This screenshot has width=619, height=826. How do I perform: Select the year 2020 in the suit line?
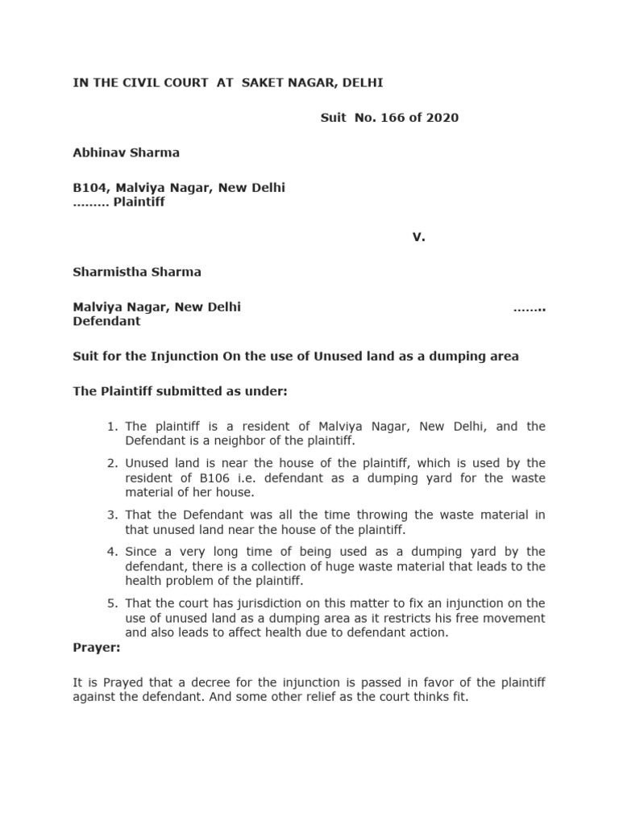(x=443, y=118)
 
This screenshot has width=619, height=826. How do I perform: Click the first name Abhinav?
(x=97, y=152)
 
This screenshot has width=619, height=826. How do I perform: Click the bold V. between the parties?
(x=418, y=237)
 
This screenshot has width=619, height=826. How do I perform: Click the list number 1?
(x=112, y=426)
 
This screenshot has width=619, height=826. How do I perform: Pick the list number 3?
(x=112, y=515)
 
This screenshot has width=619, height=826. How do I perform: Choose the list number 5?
(x=112, y=603)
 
